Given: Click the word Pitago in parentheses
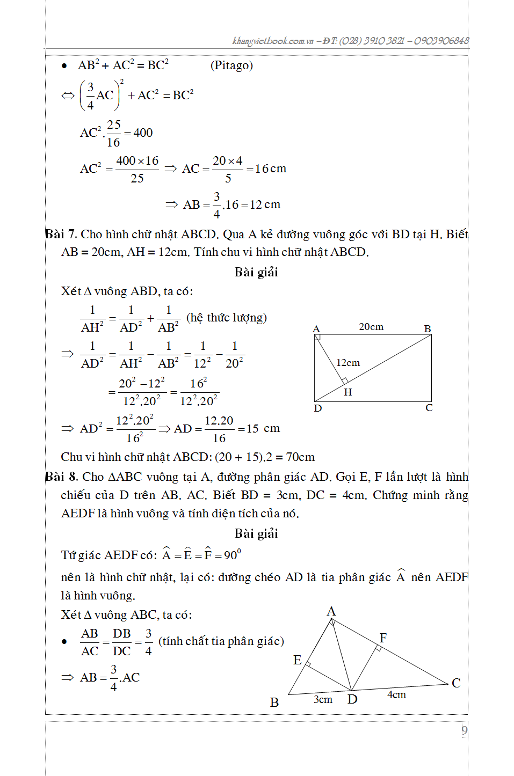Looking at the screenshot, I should pos(231,65).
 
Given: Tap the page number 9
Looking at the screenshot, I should pos(464,730).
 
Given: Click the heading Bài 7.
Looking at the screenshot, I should pos(61,235).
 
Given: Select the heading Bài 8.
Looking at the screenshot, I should pos(62,477).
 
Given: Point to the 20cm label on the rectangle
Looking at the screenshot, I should pos(371,327).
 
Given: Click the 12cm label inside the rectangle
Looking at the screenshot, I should pos(348,363).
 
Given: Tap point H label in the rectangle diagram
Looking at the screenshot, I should pos(348,392).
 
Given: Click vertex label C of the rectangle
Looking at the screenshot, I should pos(429,408).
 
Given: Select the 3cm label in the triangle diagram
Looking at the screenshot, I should pos(323,699).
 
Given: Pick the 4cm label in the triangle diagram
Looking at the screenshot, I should pos(396,695).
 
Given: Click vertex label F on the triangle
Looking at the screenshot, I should pos(383,638).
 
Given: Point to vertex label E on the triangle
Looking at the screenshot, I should pos(297,660).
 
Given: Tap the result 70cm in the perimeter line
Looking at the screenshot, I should pos(300,457).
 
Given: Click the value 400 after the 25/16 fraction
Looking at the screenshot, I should pos(143,133).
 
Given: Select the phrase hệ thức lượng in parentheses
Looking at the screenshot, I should pos(226,318).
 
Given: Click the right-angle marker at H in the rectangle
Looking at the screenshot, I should pos(344,381).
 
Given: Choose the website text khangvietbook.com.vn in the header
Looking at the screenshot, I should pos(273,41).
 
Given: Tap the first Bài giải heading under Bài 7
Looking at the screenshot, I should pos(256,273).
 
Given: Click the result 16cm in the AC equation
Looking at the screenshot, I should pos(271,169).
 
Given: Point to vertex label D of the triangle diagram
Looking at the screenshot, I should pos(352,699).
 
